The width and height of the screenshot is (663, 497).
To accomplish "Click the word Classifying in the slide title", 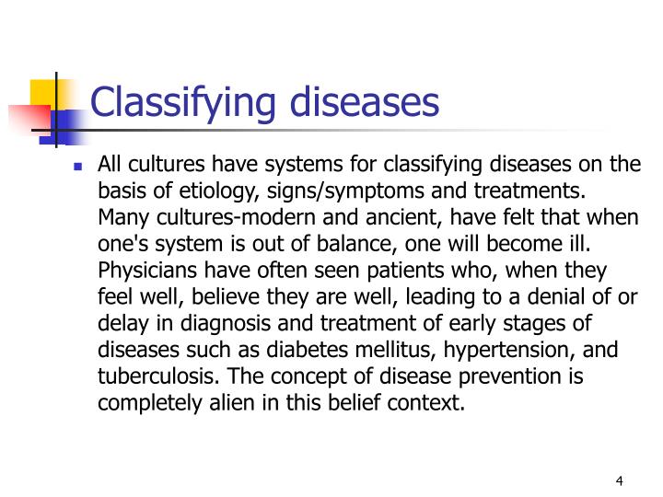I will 180,103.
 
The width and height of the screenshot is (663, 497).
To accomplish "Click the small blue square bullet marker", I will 77,167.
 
